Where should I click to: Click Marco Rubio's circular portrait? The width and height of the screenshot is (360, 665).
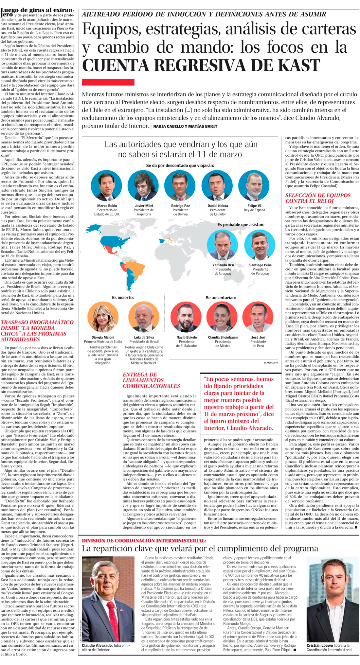(106, 185)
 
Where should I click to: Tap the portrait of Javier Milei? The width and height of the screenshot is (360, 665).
(143, 185)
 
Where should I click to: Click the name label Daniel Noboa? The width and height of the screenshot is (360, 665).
(218, 206)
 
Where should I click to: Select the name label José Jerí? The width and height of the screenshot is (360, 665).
(258, 337)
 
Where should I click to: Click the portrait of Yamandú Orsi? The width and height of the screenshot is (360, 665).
(223, 245)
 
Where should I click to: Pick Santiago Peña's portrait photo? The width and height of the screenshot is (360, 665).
(260, 245)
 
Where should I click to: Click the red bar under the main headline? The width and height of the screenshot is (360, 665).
(108, 82)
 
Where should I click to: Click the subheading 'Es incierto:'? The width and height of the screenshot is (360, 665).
(123, 297)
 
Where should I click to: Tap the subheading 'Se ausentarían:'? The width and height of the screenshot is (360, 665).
(221, 298)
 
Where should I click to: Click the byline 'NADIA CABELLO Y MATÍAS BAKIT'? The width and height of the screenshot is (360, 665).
(185, 126)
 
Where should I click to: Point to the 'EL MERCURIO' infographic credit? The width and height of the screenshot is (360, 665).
(271, 363)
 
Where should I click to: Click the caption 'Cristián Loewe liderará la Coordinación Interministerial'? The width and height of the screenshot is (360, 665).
(330, 647)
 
